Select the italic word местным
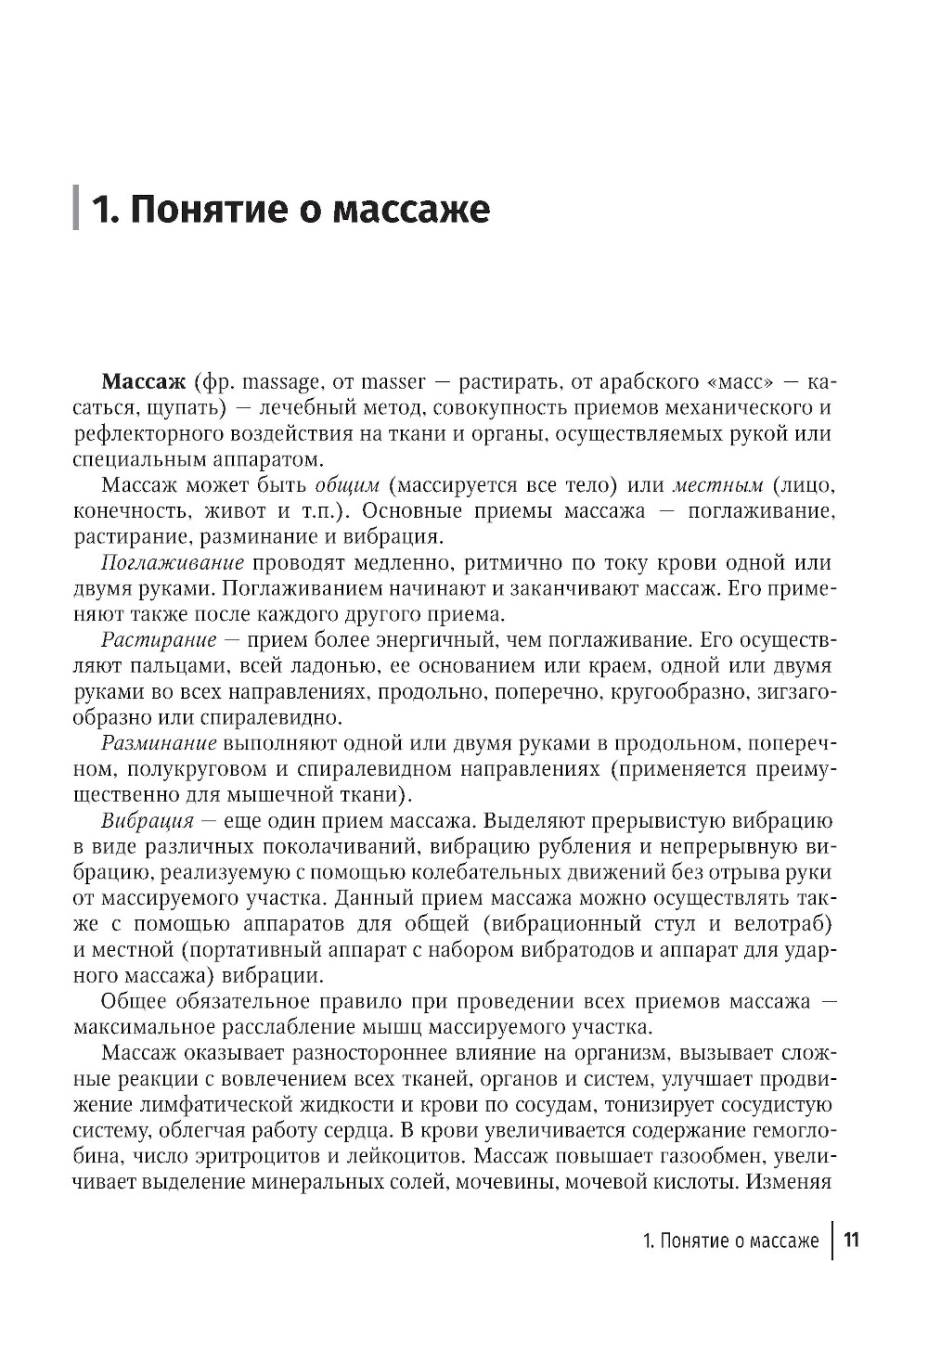coord(717,485)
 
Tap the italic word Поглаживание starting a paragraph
coord(173,563)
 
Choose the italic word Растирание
coord(159,640)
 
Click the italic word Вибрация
coord(148,821)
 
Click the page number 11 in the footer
coord(851,1241)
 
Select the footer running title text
coord(730,1241)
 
